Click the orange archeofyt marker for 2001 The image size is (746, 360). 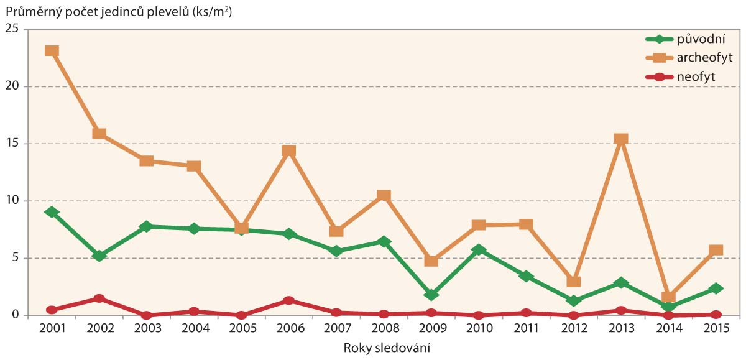(52, 51)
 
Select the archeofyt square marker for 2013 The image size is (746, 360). (620, 139)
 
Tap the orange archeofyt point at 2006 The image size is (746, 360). (288, 151)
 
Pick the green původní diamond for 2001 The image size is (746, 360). (52, 212)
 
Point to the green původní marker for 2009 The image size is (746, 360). (431, 294)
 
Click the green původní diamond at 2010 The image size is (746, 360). (479, 249)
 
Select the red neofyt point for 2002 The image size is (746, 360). (99, 298)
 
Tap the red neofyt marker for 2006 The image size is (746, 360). (288, 300)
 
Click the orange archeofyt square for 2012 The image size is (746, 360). (573, 282)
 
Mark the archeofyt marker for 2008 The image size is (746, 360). (384, 196)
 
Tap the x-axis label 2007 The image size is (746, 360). (336, 328)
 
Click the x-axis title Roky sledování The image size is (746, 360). (387, 348)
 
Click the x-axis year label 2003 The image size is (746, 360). (146, 328)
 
